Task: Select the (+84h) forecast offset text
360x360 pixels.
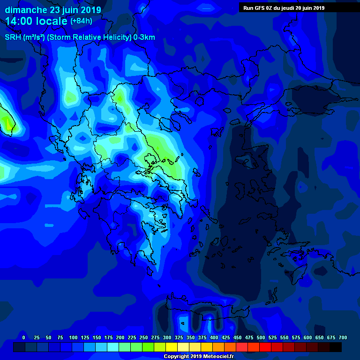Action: click(x=81, y=21)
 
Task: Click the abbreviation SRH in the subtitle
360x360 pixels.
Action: click(x=12, y=37)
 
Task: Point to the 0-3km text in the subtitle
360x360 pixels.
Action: click(x=144, y=37)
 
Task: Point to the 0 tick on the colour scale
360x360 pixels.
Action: click(x=24, y=337)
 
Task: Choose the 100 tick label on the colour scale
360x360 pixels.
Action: click(x=73, y=337)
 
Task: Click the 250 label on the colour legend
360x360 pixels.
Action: click(x=143, y=337)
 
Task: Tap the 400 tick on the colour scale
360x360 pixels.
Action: click(x=214, y=337)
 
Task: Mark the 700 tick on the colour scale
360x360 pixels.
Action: click(x=343, y=337)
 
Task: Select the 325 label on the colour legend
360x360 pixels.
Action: click(x=179, y=337)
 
